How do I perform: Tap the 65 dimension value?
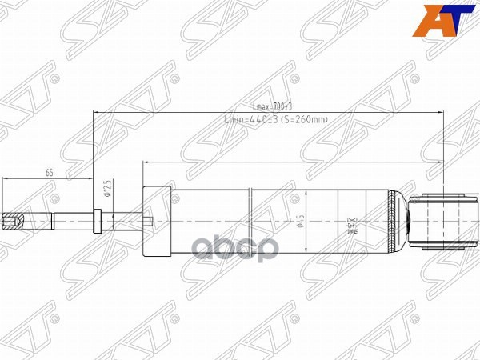click(x=49, y=172)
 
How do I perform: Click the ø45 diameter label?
click(x=301, y=219)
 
